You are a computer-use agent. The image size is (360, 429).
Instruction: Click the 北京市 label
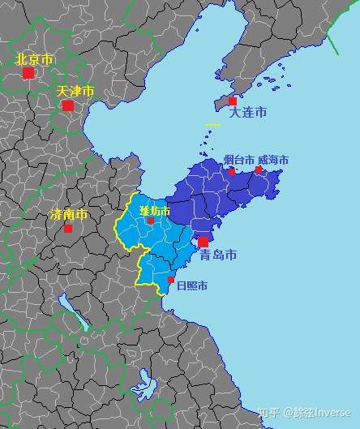[35, 59]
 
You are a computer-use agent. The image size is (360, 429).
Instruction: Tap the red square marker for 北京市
[28, 73]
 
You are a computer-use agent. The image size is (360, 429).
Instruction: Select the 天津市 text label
[75, 91]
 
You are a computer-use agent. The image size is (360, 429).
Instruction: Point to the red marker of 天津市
[68, 105]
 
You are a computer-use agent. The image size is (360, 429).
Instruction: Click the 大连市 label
[248, 113]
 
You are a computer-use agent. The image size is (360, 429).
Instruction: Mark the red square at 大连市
[233, 101]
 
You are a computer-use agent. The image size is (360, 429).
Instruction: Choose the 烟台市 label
[239, 160]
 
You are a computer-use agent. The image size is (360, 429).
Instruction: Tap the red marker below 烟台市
[232, 172]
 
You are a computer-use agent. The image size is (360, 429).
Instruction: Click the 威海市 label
[272, 160]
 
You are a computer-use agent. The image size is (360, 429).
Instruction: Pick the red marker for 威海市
[259, 170]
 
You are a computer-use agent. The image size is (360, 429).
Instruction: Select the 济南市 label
[68, 215]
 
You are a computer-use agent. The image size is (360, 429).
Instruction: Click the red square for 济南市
[68, 229]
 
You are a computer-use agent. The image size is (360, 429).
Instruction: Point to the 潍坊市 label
[155, 211]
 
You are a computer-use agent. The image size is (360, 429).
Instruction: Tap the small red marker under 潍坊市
[151, 221]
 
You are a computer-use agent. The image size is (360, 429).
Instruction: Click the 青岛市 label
[218, 255]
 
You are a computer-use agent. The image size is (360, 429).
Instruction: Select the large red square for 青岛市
[203, 242]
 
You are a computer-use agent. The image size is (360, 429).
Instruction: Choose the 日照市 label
[191, 285]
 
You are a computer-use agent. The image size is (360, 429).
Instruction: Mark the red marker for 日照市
[171, 281]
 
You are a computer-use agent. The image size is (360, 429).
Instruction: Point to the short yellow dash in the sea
[212, 125]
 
